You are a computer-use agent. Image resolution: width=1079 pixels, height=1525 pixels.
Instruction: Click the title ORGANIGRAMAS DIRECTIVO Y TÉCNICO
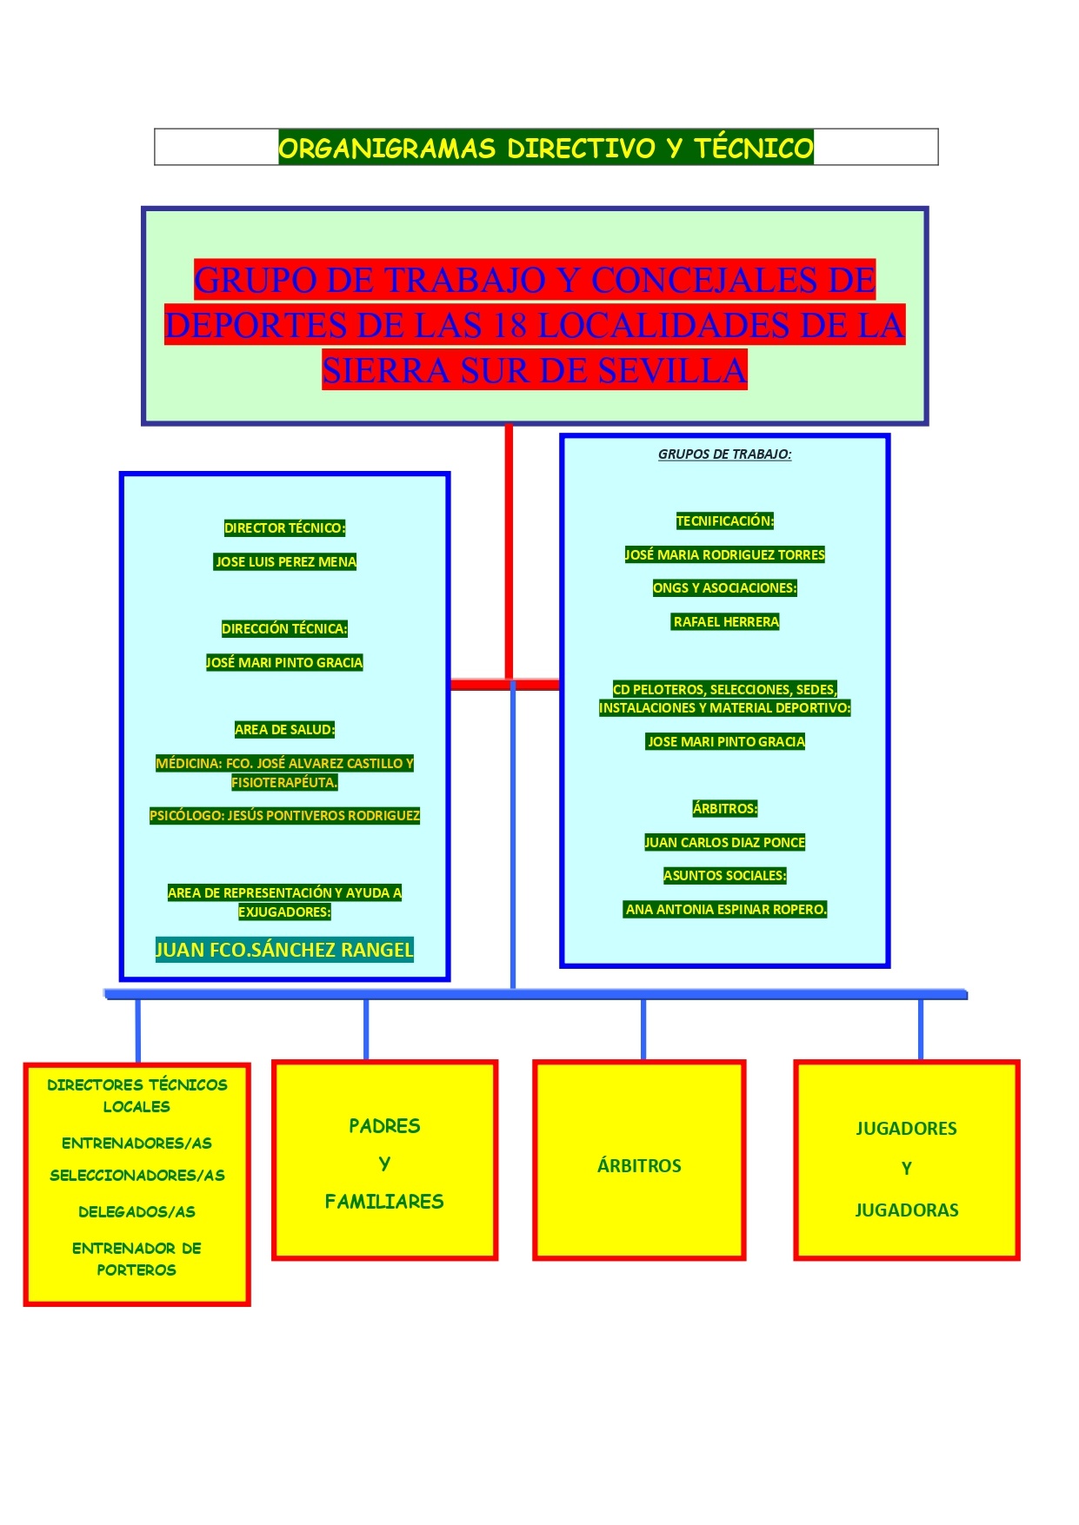[x=545, y=148]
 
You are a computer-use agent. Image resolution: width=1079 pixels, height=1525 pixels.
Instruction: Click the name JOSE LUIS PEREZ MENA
[x=285, y=562]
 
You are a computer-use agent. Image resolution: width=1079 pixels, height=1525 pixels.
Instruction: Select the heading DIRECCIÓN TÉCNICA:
[x=284, y=629]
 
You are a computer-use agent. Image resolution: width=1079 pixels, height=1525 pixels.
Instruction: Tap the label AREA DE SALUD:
[x=284, y=730]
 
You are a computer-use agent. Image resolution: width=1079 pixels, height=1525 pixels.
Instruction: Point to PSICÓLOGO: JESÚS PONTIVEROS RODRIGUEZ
[x=284, y=816]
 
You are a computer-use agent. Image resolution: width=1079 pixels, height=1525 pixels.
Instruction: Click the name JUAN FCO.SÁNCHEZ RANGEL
[x=284, y=950]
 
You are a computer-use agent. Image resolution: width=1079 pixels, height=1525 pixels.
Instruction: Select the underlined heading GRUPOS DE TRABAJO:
[x=724, y=454]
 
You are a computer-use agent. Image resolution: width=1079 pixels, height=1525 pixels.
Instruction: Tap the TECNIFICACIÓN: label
[x=724, y=521]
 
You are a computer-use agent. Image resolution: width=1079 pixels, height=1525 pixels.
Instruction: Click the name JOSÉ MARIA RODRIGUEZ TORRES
[x=724, y=555]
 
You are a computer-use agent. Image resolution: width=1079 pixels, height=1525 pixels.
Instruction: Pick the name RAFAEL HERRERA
[x=726, y=622]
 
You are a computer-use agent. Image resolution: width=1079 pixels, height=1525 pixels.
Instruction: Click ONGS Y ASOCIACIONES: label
[x=724, y=588]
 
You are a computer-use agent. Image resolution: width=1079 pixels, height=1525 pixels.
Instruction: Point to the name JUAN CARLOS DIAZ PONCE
[x=724, y=843]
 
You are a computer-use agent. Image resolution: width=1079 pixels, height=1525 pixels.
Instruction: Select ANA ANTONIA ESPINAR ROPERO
[x=726, y=910]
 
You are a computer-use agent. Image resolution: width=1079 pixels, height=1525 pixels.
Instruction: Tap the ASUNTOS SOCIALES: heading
[x=724, y=876]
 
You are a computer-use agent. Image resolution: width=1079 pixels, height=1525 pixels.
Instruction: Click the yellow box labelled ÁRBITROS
[x=639, y=1166]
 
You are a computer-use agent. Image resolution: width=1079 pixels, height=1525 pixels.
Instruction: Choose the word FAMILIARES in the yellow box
[x=384, y=1202]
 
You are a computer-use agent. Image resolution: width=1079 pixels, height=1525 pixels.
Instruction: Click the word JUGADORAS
[x=907, y=1210]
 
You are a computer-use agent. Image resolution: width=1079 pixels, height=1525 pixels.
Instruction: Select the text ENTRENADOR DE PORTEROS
[x=137, y=1259]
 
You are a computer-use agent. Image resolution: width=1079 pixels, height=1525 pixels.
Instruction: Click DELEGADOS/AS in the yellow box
[x=137, y=1212]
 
